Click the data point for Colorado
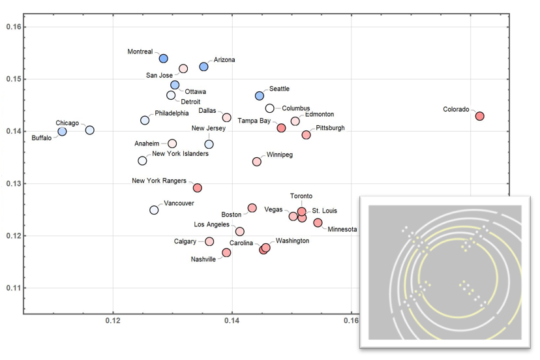480,116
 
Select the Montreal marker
164,59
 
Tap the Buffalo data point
62,132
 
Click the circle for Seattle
260,96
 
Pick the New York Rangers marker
198,188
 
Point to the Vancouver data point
154,210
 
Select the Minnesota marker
318,223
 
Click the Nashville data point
226,252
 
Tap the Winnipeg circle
256,162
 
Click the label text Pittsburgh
330,128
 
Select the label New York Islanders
180,154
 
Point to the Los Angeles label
213,224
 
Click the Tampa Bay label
254,121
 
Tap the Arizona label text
224,60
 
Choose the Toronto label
301,196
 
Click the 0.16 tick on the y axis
14,27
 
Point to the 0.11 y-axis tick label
14,288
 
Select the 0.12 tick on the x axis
113,322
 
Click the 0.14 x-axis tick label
232,322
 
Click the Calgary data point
209,241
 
